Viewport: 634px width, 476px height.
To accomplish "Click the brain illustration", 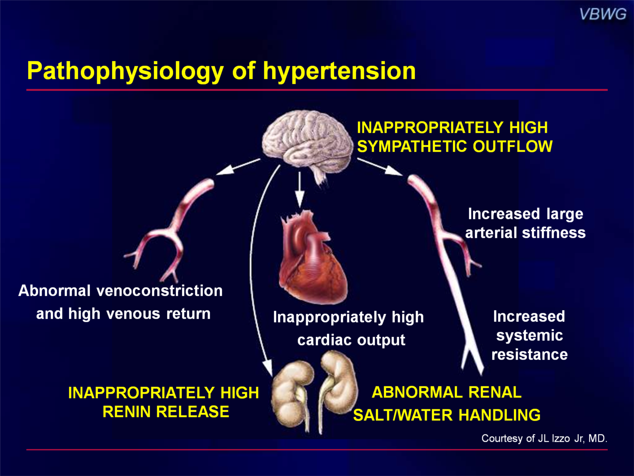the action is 307,144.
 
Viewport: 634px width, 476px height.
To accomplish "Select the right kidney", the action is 338,390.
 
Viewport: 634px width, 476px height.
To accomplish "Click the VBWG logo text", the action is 603,14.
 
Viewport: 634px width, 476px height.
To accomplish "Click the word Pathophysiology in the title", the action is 125,71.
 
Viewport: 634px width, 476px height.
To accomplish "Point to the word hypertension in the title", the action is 339,72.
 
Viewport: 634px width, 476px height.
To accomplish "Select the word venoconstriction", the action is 159,290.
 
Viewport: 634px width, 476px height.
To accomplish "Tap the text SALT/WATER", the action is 403,415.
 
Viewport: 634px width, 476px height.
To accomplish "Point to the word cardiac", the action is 325,340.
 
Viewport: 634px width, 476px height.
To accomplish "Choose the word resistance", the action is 529,354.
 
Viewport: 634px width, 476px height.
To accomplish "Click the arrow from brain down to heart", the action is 300,190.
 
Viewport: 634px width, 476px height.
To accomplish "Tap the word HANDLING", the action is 499,415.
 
